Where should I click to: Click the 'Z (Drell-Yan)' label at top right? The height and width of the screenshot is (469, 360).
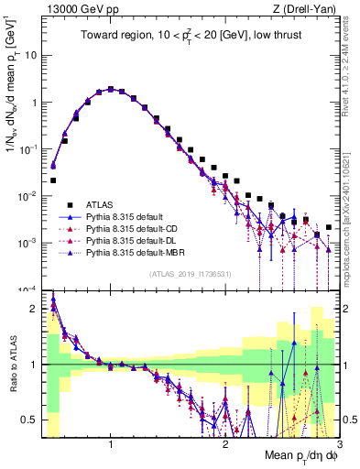[x=305, y=7]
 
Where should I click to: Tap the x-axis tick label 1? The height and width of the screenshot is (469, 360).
[x=111, y=446]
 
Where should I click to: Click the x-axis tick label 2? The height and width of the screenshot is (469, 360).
[x=225, y=446]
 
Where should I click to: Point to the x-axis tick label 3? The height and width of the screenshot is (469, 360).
[x=338, y=446]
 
